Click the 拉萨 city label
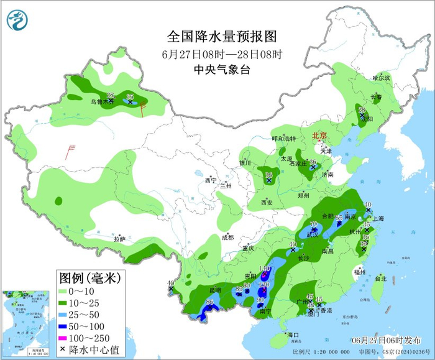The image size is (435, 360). point(119,239)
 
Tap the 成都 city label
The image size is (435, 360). point(227,237)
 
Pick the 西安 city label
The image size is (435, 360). point(267,203)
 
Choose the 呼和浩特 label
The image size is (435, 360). point(286,138)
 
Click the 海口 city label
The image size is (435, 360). point(293,336)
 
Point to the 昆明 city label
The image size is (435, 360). point(214,290)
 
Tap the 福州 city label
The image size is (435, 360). point(359,272)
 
